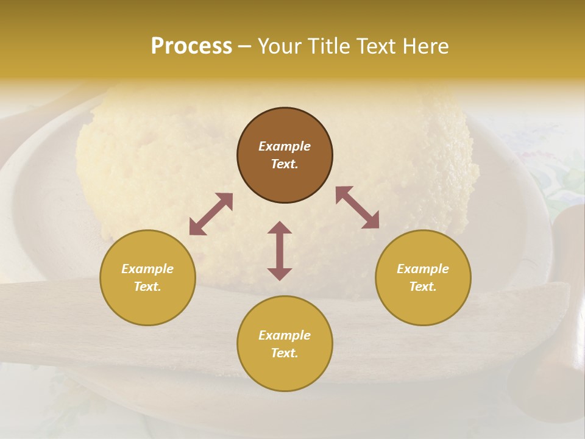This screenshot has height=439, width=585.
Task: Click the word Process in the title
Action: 191,46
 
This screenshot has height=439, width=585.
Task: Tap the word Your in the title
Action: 280,46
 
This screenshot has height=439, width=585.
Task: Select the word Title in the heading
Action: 327,46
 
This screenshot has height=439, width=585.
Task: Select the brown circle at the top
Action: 285,155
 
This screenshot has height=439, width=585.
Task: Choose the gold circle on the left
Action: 147,277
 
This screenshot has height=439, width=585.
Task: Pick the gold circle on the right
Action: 423,277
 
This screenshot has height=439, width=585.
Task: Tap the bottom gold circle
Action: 285,343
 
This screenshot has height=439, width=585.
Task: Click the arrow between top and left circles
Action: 211,214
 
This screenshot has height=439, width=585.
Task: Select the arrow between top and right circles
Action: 357,207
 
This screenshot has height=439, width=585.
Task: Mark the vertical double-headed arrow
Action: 280,251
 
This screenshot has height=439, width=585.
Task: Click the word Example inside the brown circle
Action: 285,146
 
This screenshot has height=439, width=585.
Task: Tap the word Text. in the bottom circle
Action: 285,353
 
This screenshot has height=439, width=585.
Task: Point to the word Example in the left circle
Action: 147,269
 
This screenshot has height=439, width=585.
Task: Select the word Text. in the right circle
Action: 423,287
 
